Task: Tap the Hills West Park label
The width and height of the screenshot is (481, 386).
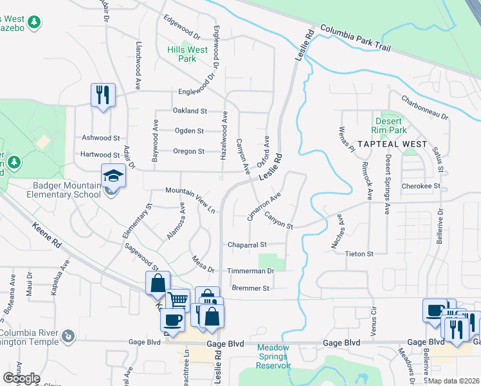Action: (188, 54)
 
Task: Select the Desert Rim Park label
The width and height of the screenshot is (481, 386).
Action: (388, 125)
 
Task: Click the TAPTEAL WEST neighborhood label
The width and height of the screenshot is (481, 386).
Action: (392, 144)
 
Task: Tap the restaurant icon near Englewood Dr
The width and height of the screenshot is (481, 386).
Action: (103, 96)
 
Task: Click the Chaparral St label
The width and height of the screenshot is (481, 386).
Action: (247, 245)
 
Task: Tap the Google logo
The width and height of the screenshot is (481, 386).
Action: (21, 378)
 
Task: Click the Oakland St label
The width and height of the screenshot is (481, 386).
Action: (190, 111)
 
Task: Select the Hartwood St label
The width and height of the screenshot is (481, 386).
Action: (100, 155)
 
